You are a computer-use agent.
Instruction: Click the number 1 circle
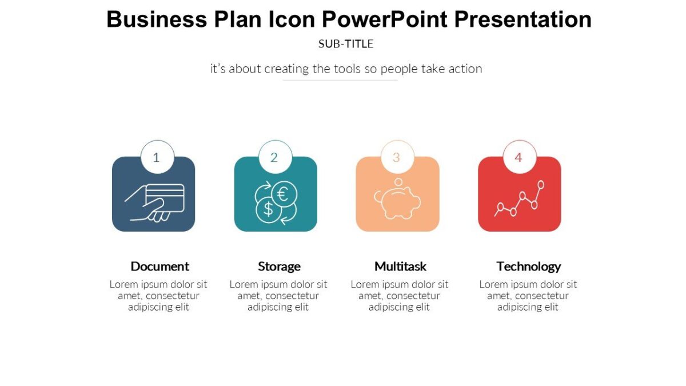pos(157,157)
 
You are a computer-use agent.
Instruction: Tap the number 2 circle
pos(274,157)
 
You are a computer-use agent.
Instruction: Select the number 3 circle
pos(397,157)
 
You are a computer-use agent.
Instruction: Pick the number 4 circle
pos(519,157)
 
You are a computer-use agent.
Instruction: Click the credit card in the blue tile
pos(165,197)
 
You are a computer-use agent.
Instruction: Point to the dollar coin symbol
pos(268,209)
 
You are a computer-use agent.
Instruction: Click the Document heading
pos(159,266)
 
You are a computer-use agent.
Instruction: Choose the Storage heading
pos(279,266)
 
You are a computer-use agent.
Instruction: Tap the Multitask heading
pos(400,266)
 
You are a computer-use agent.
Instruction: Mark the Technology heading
pos(528,266)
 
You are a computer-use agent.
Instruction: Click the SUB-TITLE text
pos(346,43)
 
